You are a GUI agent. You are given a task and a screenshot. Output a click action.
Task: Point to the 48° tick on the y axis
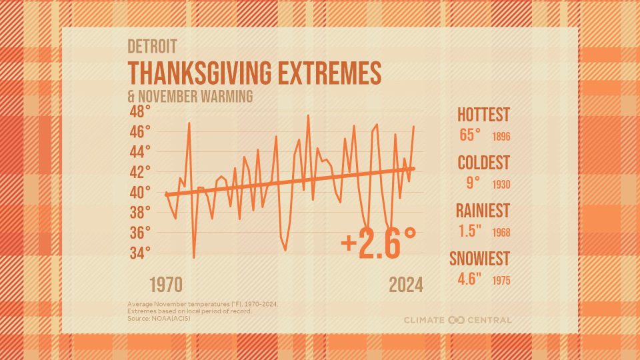139,111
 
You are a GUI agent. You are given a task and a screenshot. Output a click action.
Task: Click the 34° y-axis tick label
139,253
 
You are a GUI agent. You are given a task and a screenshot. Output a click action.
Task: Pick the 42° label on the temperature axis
139,172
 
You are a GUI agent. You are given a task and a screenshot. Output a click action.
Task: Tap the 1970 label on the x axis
165,285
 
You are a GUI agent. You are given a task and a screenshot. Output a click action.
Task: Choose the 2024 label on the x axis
406,285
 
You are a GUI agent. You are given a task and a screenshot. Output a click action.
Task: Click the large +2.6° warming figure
379,244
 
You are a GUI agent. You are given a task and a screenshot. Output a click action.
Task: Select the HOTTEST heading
483,115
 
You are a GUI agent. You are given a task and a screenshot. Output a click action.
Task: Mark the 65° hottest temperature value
470,135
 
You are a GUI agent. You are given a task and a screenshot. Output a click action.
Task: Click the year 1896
501,137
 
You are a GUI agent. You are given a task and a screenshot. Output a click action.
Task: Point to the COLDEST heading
483,163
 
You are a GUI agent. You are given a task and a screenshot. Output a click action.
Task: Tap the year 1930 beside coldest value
501,185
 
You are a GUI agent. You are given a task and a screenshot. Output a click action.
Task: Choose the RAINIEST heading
483,211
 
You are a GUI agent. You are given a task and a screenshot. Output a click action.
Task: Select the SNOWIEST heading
479,259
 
